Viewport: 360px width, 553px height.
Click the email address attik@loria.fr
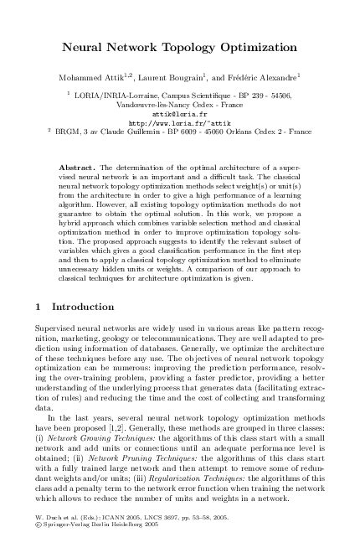pyautogui.click(x=179, y=111)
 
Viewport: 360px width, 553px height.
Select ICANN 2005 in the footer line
pyautogui.click(x=114, y=533)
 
